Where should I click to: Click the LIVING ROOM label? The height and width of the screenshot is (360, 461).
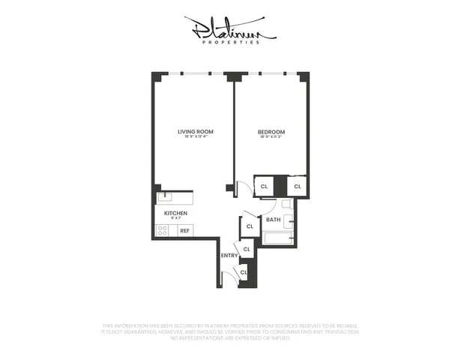pos(190,131)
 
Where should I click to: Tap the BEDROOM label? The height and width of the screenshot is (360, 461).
pos(271,131)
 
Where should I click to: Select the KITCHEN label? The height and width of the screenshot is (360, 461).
pos(175,213)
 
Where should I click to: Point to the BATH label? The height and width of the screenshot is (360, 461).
pos(273,220)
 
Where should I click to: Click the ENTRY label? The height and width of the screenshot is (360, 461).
pos(229,256)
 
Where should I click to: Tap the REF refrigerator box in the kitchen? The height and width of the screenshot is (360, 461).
pos(184,231)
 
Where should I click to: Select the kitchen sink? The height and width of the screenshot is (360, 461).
pos(166,198)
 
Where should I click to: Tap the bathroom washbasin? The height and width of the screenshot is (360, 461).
pos(288,221)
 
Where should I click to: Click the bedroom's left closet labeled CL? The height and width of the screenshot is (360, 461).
pos(264,186)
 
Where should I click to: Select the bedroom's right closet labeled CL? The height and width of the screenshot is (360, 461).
pos(298,186)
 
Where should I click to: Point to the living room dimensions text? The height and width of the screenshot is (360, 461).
pos(190,137)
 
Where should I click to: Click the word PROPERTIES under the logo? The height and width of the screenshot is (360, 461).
pos(230,42)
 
